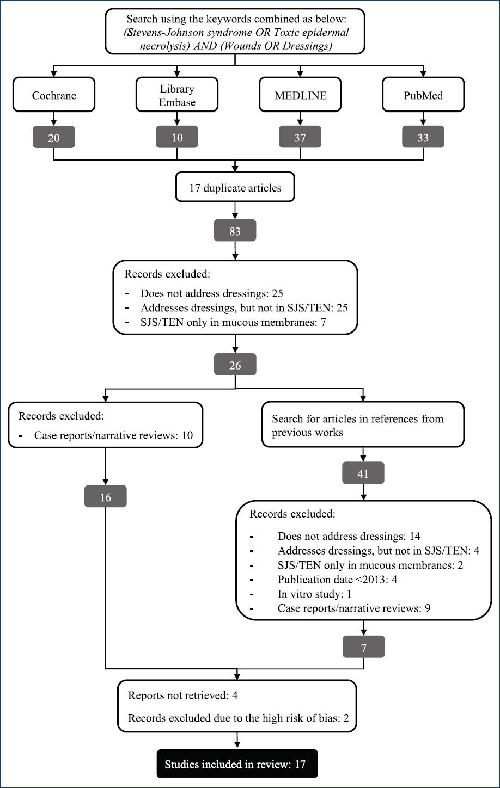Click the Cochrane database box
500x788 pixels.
[54, 95]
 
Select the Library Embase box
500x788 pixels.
[177, 95]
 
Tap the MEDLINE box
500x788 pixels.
[300, 95]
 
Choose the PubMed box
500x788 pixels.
[423, 95]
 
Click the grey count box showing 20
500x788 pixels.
[54, 137]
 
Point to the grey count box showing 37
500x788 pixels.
[300, 137]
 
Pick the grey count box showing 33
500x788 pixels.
[423, 137]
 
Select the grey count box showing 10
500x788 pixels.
[177, 137]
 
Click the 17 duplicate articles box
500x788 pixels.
[235, 187]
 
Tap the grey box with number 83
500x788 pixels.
[235, 230]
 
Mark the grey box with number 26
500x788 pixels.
[235, 365]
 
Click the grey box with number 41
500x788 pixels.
[363, 473]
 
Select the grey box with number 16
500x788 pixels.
[106, 496]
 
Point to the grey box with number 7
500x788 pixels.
[364, 647]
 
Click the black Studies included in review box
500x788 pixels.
[237, 764]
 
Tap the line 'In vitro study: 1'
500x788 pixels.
[314, 594]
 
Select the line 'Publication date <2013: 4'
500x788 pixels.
[337, 580]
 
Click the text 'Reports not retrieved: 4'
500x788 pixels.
[183, 695]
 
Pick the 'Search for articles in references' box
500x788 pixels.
[363, 424]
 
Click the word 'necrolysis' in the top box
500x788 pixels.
[165, 46]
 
